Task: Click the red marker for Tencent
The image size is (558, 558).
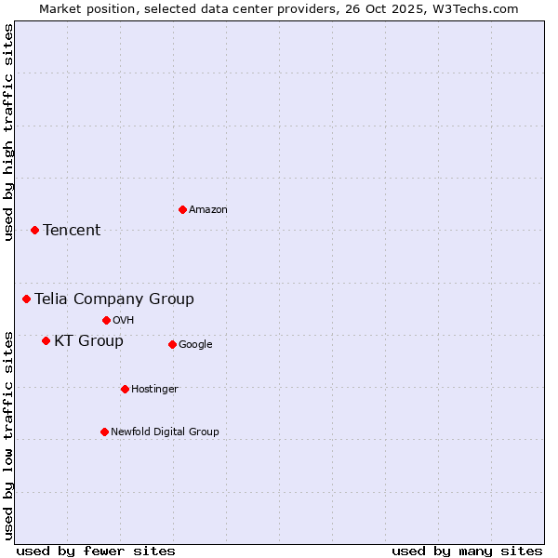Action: tap(34, 230)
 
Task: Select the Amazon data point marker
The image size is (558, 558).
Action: tap(182, 209)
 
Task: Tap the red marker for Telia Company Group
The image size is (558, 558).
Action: tap(27, 299)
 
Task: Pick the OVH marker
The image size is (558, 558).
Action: tap(106, 320)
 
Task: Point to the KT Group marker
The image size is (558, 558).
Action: tap(46, 340)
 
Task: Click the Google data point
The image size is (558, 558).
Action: tap(172, 344)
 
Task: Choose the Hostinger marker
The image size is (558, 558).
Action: tap(125, 389)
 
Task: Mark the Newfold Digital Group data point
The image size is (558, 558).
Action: tap(104, 432)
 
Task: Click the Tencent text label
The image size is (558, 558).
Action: tap(72, 231)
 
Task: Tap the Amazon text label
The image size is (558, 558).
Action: tap(208, 210)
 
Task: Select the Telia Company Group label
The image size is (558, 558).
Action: tap(114, 299)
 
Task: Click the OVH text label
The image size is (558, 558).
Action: tap(124, 321)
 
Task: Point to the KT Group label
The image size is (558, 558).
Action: tap(88, 341)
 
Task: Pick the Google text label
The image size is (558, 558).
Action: tap(195, 345)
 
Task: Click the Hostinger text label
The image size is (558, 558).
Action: tap(154, 390)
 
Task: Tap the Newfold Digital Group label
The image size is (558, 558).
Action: tap(165, 432)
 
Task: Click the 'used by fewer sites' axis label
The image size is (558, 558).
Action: tap(96, 551)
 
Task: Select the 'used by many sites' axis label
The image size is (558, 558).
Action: tap(467, 551)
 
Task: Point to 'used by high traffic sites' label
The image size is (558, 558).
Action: tap(8, 132)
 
